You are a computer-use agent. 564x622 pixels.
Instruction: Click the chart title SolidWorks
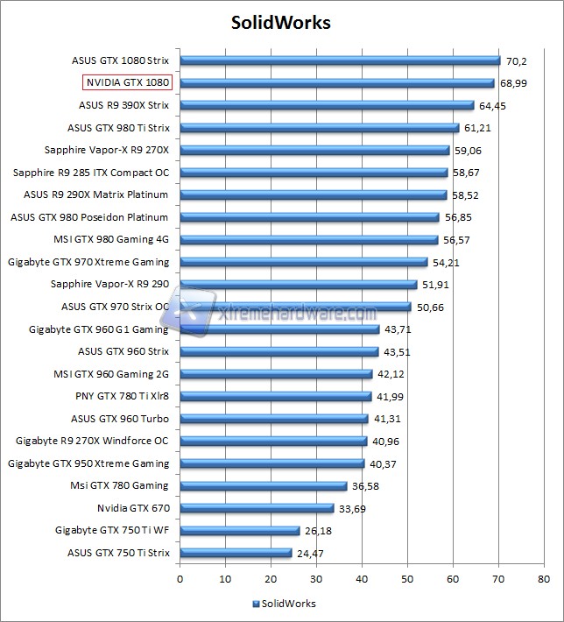[x=281, y=22]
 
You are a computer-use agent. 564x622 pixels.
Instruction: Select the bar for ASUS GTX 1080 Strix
[x=340, y=60]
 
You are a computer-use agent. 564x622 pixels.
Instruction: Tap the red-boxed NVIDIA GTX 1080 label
[x=128, y=82]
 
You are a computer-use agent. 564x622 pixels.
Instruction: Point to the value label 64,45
[x=492, y=106]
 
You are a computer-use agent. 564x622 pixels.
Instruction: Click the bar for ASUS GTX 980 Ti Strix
[x=320, y=128]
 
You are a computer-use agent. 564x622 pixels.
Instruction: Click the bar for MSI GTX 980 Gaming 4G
[x=309, y=239]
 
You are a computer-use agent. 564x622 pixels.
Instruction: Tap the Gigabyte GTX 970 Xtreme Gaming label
[x=88, y=262]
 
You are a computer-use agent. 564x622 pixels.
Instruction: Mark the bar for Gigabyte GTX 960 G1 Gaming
[x=279, y=329]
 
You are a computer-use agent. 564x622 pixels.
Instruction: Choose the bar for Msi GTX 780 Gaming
[x=264, y=485]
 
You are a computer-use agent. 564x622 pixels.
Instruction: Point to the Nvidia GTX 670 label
[x=133, y=507]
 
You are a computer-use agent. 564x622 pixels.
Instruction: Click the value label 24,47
[x=310, y=553]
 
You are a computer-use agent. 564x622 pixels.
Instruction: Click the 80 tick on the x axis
[x=544, y=579]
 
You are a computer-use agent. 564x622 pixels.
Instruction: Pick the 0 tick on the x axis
[x=180, y=579]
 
